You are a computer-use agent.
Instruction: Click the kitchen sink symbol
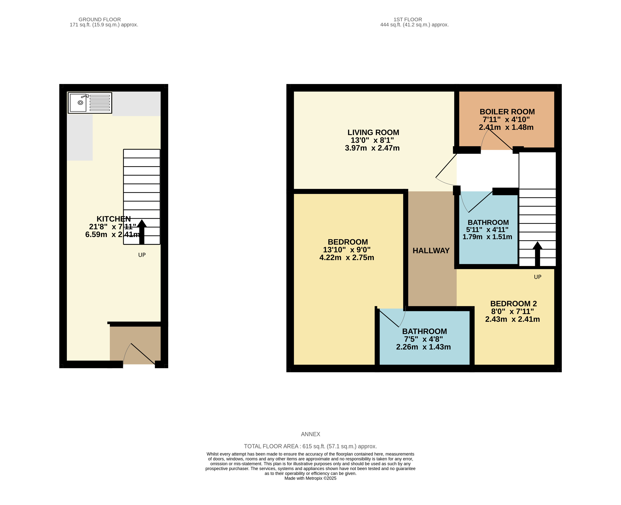[90, 103]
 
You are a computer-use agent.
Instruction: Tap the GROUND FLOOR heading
[100, 19]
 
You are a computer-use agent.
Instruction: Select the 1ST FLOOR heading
[407, 19]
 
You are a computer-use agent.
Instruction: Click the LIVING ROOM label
[373, 132]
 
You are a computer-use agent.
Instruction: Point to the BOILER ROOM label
[507, 112]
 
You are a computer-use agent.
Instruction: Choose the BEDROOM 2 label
[513, 304]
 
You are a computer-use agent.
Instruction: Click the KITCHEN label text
[114, 219]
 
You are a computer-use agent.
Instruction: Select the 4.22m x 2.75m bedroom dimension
[347, 257]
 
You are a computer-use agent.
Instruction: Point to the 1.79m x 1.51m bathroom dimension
[487, 237]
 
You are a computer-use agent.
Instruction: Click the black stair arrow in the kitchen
[142, 232]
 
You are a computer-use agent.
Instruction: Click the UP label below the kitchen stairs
[142, 255]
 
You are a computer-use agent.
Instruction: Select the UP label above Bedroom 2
[537, 277]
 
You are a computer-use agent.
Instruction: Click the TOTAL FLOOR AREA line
[310, 446]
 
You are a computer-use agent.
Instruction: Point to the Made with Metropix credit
[310, 478]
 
